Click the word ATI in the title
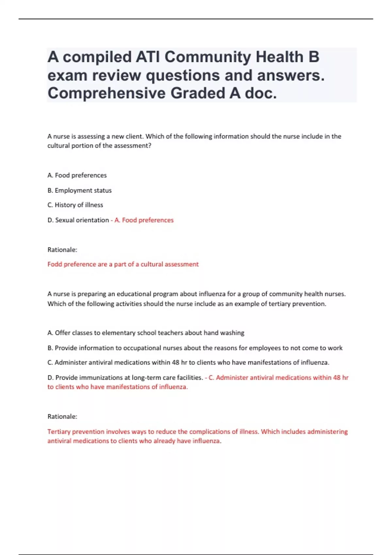point(148,57)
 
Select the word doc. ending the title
point(261,93)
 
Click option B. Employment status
point(79,190)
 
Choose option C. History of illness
point(75,205)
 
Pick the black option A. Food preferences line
point(77,175)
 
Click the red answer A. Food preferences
point(144,220)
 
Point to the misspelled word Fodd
point(55,264)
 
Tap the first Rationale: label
point(62,250)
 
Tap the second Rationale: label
point(62,417)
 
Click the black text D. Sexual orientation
point(78,220)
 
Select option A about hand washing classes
point(146,333)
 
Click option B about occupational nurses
point(195,348)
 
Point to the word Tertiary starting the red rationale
point(59,432)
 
